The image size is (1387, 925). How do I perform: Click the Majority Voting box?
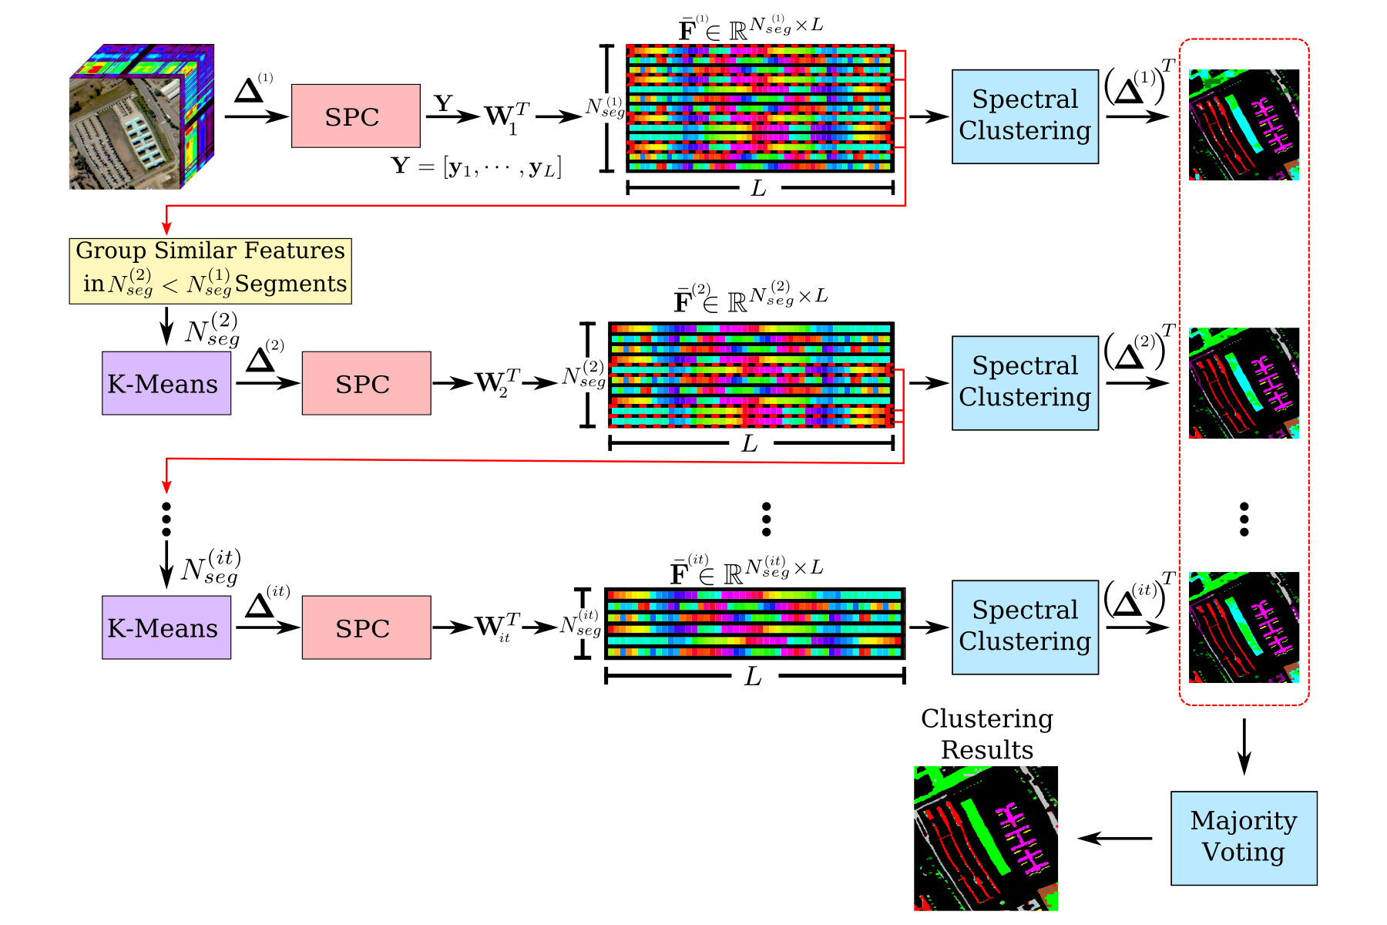click(1243, 838)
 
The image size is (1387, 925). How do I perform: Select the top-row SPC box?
click(355, 116)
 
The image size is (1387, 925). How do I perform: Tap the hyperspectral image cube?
click(141, 116)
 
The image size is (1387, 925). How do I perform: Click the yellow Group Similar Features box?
click(210, 271)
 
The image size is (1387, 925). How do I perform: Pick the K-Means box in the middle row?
click(166, 383)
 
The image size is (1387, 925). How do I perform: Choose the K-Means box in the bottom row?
click(166, 627)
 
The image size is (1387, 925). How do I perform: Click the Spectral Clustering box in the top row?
click(1024, 116)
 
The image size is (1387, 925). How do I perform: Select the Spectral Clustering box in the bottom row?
click(1024, 627)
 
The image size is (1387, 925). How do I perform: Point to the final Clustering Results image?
click(986, 838)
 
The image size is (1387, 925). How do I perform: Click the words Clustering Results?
click(987, 734)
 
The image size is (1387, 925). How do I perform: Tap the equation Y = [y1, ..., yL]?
click(476, 166)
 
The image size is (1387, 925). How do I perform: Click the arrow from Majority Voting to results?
click(1114, 838)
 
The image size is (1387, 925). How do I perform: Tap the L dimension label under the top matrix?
click(758, 188)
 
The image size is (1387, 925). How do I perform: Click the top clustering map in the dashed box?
click(1244, 125)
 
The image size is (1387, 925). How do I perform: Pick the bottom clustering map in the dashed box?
click(1244, 627)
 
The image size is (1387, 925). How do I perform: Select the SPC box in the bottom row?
click(366, 627)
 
